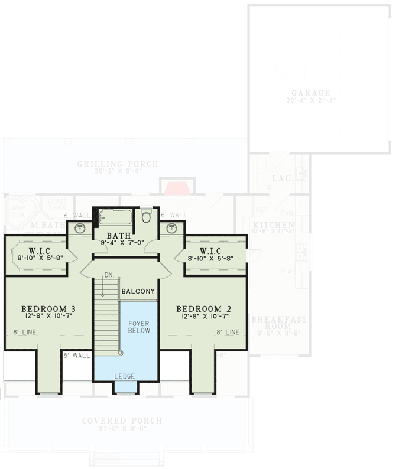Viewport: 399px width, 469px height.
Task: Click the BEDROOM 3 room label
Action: coord(48,309)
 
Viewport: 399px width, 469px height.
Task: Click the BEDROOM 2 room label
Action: coord(203,309)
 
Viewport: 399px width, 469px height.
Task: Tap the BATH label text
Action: coord(125,234)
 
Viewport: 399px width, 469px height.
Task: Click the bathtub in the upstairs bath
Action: coord(116,217)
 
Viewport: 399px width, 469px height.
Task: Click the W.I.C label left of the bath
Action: coord(36,250)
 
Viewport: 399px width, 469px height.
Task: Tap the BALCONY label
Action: coord(138,291)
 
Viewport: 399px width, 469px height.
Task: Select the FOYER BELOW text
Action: coord(139,326)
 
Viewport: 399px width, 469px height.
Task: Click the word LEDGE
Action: coord(125,376)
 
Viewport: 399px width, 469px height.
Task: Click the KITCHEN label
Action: coord(274,226)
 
